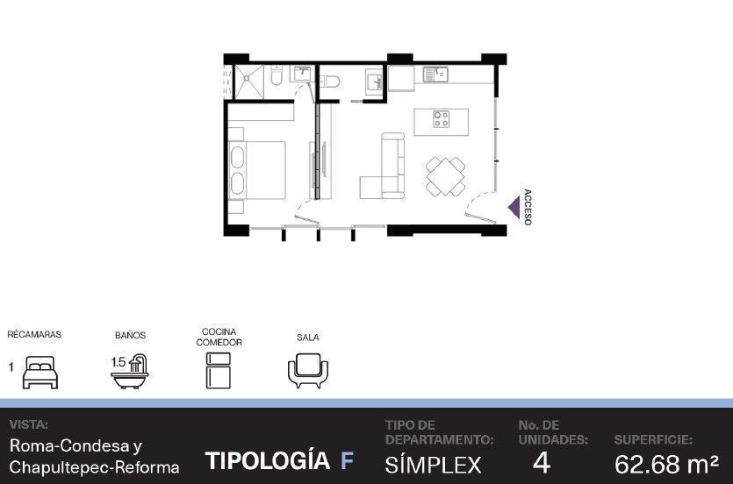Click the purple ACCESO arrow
point(514,208)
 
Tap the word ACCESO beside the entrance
point(528,207)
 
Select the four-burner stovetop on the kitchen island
point(441,119)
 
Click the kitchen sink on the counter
point(435,75)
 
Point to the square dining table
point(445,176)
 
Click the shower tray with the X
point(248,82)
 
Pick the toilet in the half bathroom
point(329,82)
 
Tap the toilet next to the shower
point(277,75)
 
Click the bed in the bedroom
point(257,170)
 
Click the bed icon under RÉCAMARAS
point(40,372)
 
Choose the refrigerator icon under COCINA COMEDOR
point(219,371)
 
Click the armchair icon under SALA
point(308,371)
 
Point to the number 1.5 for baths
point(119,362)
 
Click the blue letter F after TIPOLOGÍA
point(347,460)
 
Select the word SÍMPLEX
point(433,465)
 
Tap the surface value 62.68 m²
point(666,464)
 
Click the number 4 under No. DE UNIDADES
point(542,463)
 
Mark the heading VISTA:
point(28,424)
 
